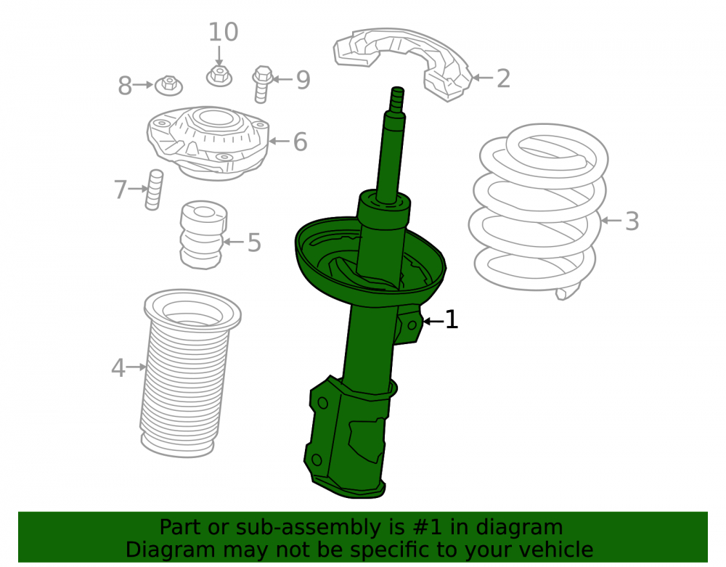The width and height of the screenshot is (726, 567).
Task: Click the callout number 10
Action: pyautogui.click(x=224, y=33)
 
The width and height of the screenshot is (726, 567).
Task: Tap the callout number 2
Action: pyautogui.click(x=503, y=78)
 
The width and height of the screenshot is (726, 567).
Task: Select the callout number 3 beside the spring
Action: pyautogui.click(x=632, y=221)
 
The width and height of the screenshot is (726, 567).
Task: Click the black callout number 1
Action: pyautogui.click(x=452, y=320)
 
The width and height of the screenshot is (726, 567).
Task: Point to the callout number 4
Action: pyautogui.click(x=118, y=368)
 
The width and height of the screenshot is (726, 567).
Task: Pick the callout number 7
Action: pyautogui.click(x=121, y=189)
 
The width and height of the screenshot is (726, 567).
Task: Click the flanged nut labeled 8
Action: pyautogui.click(x=168, y=86)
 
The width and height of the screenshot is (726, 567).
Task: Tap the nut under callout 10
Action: pyautogui.click(x=219, y=76)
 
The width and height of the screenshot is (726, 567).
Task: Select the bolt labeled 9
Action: pyautogui.click(x=263, y=83)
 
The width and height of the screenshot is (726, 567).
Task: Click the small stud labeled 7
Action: pyautogui.click(x=154, y=189)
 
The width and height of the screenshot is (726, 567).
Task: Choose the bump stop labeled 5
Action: pyautogui.click(x=203, y=234)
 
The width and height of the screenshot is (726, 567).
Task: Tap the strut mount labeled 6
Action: pyautogui.click(x=208, y=143)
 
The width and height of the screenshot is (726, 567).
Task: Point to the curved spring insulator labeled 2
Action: pyautogui.click(x=403, y=63)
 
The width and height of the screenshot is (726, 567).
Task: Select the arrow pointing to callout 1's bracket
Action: pyautogui.click(x=433, y=321)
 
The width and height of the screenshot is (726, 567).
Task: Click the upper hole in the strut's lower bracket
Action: pyautogui.click(x=323, y=403)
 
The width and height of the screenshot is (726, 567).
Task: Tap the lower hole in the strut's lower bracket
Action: pyautogui.click(x=317, y=460)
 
